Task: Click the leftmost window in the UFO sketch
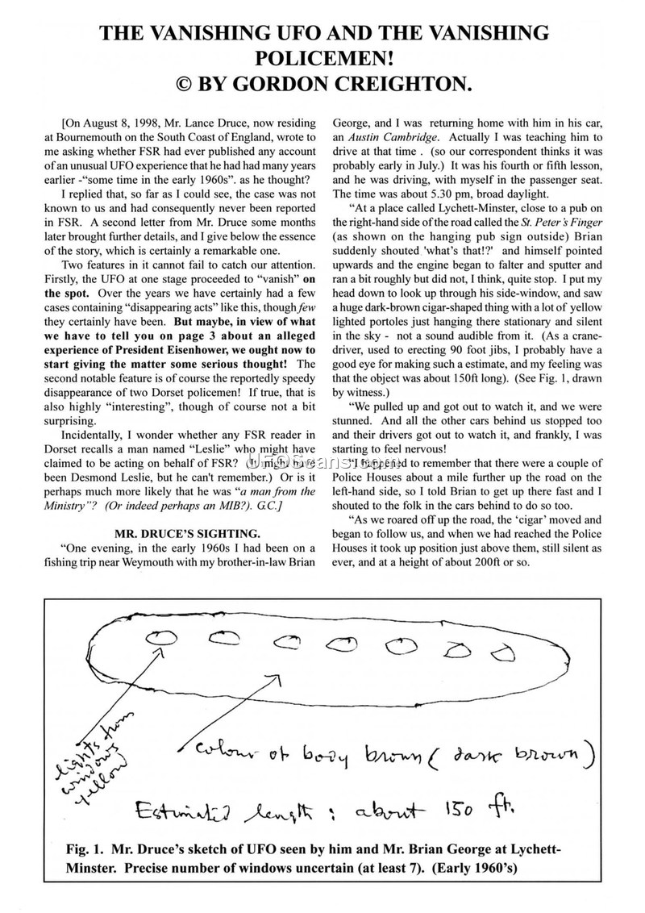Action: pos(163,637)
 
